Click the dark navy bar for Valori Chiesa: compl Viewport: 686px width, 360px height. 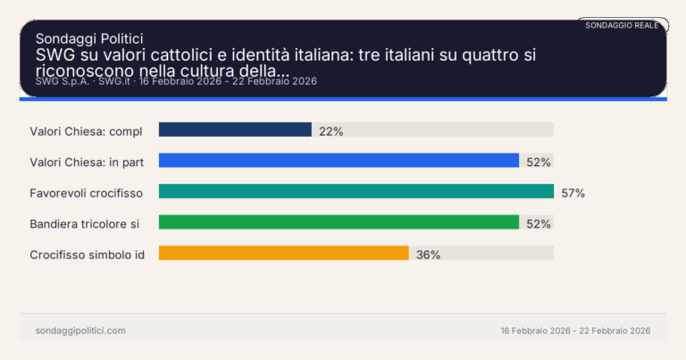pos(235,130)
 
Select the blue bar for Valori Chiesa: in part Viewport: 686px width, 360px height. pos(339,161)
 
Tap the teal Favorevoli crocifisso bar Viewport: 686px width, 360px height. pos(356,191)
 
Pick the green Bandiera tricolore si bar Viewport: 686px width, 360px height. pos(339,222)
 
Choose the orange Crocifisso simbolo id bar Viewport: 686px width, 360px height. pos(283,253)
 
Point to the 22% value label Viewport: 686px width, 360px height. pos(330,130)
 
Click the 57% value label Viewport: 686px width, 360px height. pos(573,192)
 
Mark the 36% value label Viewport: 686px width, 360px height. pos(428,254)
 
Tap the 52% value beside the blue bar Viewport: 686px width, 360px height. pos(539,162)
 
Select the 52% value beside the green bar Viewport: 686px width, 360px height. pos(539,223)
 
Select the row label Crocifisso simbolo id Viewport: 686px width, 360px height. pos(88,254)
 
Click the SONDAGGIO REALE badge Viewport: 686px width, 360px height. pos(622,25)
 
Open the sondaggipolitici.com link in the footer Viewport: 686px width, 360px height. pos(80,331)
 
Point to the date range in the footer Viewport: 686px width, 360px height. pos(575,331)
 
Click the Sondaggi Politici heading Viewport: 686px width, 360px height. pos(89,38)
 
